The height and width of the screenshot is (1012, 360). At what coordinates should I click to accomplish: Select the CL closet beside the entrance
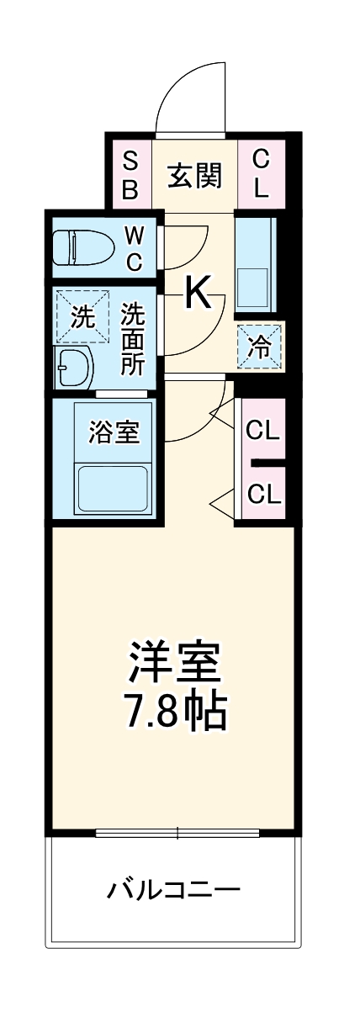click(x=261, y=173)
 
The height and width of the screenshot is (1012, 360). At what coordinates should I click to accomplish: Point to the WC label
click(x=135, y=246)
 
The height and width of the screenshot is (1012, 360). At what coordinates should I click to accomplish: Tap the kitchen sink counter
click(x=254, y=263)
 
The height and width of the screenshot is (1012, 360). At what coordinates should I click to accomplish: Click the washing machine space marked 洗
click(x=82, y=316)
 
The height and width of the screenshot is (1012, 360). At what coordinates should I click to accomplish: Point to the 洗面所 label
click(x=133, y=339)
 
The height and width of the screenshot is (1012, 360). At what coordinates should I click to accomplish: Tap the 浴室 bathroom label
click(x=114, y=433)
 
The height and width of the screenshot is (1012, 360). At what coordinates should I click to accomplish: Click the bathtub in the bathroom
click(x=112, y=487)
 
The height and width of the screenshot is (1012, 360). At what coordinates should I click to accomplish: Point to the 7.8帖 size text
click(x=177, y=712)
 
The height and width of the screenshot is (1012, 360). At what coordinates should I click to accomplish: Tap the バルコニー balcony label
click(x=174, y=889)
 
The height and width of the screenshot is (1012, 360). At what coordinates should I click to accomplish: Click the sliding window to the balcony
click(x=177, y=833)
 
